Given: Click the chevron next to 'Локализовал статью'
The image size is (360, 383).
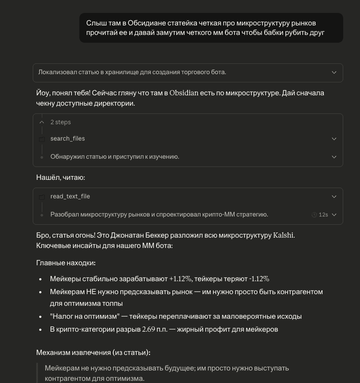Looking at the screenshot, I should click(x=334, y=72).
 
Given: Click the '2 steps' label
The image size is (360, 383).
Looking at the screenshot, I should click(x=60, y=122).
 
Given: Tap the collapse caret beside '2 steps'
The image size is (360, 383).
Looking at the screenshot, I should click(x=42, y=122).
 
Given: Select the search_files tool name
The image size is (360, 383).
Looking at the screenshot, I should click(x=67, y=138).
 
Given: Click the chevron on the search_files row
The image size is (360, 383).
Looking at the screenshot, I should click(x=334, y=139).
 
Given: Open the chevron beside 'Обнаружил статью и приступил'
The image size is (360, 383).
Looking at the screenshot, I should click(x=334, y=157).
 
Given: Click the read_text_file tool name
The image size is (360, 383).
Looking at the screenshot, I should click(x=70, y=196).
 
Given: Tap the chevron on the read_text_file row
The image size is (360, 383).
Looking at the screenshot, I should click(x=334, y=197).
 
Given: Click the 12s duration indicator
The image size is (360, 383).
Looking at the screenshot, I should click(x=320, y=215).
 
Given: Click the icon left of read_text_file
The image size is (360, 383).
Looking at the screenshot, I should click(x=42, y=197).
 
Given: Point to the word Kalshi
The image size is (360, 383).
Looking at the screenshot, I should click(x=283, y=235).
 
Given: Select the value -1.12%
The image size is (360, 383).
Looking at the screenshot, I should click(x=259, y=279).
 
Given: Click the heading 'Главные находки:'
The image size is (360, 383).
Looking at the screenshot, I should click(x=66, y=263).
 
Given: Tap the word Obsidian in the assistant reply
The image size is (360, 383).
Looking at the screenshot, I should click(x=184, y=93).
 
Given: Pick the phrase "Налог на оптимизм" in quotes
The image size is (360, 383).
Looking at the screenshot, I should click(x=85, y=316).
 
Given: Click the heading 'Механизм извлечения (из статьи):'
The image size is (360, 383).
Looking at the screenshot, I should click(x=93, y=352).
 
